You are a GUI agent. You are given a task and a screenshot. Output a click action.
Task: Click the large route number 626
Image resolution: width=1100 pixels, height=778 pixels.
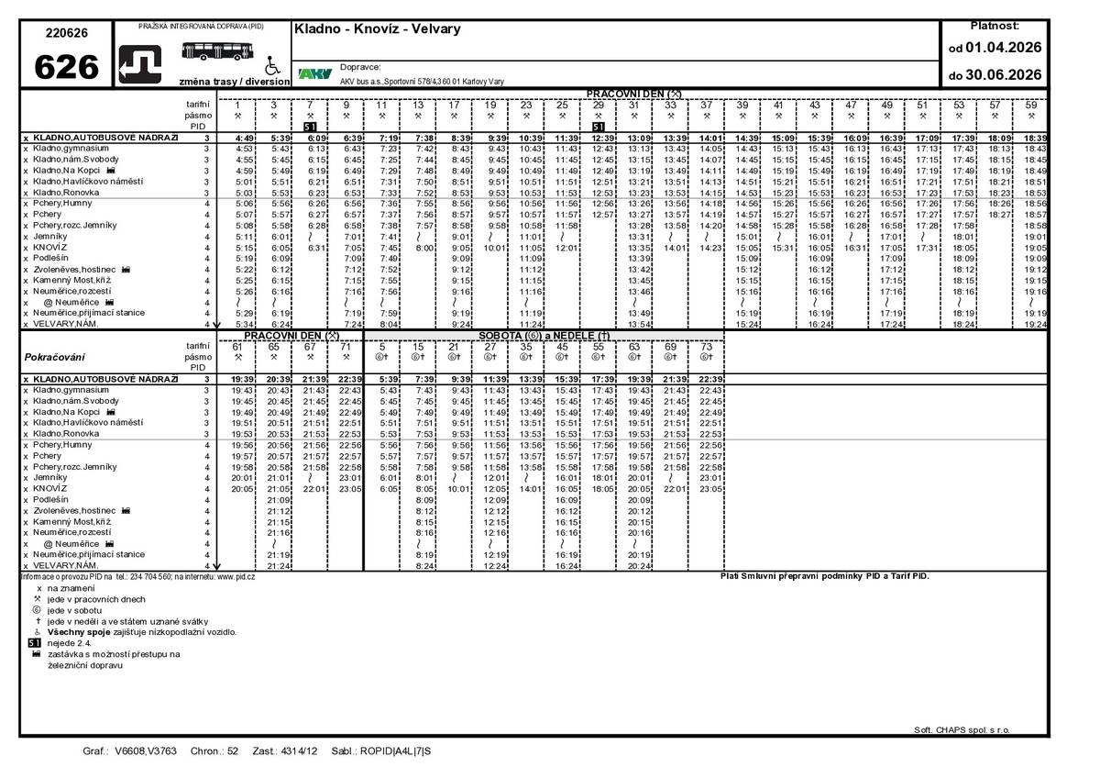pos(66,67)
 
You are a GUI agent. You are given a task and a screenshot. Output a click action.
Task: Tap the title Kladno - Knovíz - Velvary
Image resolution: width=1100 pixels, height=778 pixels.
pos(377,28)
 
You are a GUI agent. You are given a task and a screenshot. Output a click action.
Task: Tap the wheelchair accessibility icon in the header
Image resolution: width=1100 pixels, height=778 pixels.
pos(270,66)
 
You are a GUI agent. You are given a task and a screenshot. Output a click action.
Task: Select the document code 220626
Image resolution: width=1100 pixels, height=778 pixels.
pos(66,32)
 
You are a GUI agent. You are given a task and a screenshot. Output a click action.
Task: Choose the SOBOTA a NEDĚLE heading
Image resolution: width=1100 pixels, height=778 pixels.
pos(544,336)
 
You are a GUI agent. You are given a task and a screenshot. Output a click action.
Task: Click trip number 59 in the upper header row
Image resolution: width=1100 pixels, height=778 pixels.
pos(1031,106)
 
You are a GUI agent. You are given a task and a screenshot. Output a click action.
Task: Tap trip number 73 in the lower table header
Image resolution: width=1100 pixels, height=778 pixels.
pos(706,347)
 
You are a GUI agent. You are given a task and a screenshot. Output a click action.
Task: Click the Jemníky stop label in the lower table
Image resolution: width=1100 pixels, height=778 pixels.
pos(50,478)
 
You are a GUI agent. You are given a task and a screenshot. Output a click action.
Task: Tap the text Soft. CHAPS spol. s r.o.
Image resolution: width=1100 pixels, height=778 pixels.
pos(962,729)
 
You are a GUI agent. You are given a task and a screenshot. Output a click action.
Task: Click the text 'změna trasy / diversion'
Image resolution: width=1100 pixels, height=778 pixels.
pos(235,81)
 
